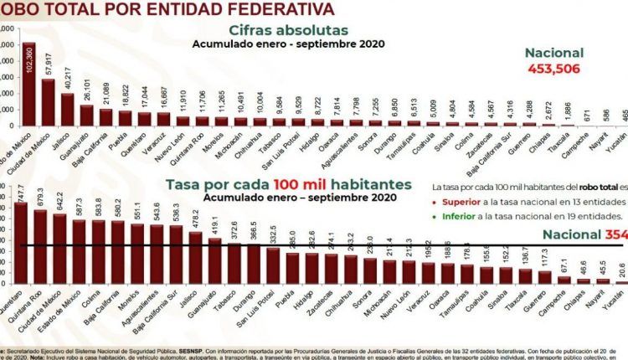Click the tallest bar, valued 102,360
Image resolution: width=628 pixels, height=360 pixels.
point(29,84)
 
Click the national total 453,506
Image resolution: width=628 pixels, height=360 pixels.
point(553,69)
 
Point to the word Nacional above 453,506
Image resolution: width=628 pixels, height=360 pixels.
point(553,53)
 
